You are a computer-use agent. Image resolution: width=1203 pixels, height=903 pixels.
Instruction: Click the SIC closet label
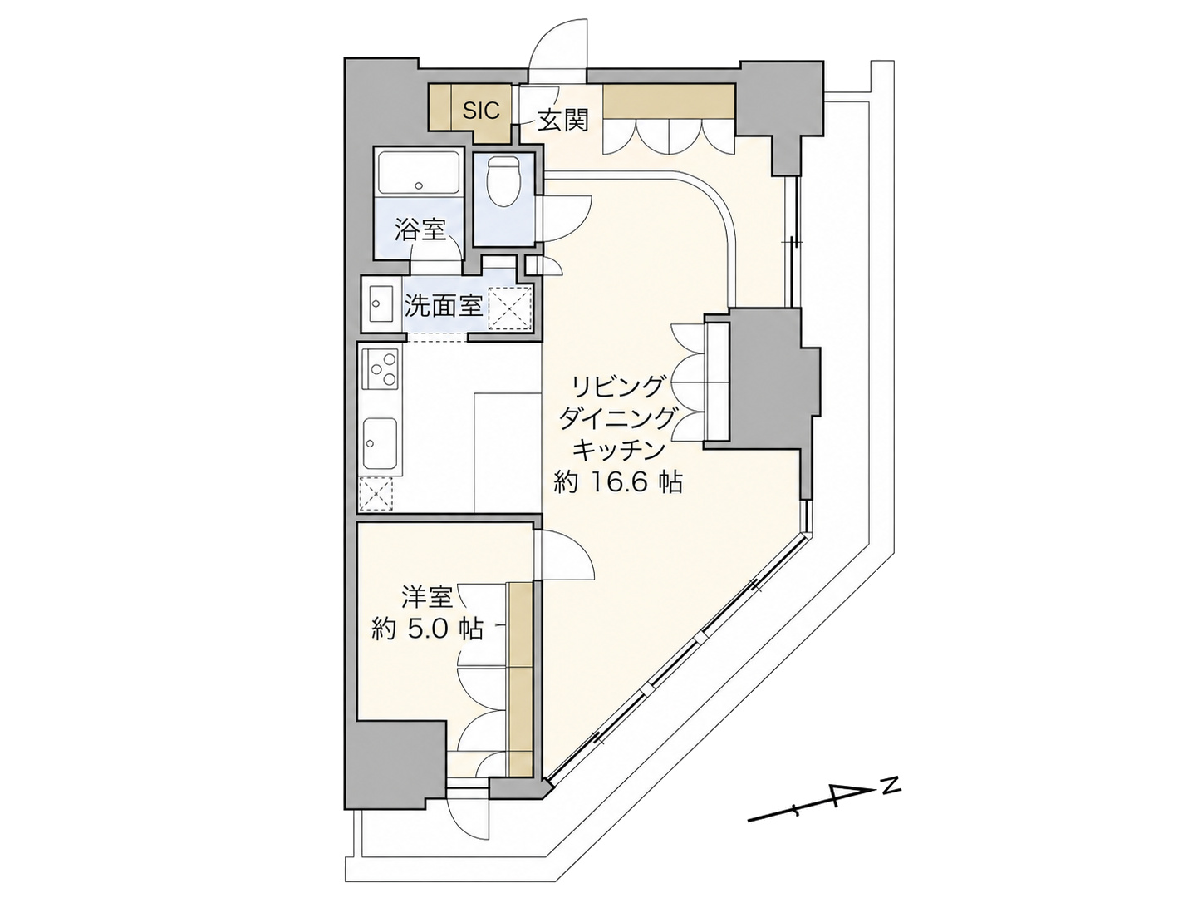tap(481, 111)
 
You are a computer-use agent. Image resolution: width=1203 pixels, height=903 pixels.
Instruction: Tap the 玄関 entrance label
tap(562, 120)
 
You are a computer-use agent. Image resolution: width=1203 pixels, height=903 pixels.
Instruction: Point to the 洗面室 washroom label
tap(444, 305)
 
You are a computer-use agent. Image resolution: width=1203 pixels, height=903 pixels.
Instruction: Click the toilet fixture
tap(503, 181)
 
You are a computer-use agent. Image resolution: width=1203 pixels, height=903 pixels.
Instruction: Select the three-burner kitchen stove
tap(381, 368)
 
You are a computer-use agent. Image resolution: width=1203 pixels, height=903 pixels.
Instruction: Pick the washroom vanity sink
tap(379, 305)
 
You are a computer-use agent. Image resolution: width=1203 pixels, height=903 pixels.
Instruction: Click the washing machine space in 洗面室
tap(510, 308)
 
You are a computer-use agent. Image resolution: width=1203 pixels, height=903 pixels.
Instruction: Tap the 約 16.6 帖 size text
tap(617, 483)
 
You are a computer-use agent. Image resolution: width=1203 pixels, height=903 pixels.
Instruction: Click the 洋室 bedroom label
tap(427, 596)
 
